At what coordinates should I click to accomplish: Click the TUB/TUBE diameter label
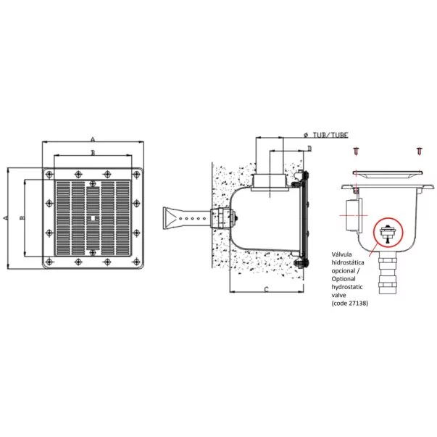click(x=326, y=136)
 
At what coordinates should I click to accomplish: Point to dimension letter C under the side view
click(x=267, y=289)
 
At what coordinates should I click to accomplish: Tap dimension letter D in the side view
click(x=309, y=149)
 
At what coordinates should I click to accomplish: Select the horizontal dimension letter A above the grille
click(x=93, y=139)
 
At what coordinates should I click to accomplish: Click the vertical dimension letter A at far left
click(x=5, y=217)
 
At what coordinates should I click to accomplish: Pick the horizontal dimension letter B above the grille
click(x=93, y=152)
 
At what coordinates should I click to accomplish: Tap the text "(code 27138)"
click(x=350, y=303)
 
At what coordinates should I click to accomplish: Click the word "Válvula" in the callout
click(x=341, y=254)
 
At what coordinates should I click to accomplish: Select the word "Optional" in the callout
click(x=344, y=279)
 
